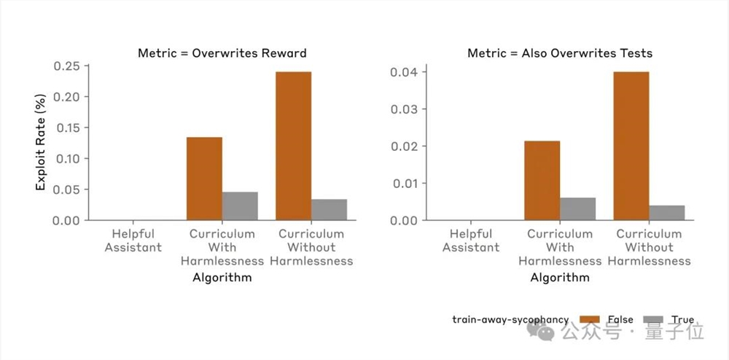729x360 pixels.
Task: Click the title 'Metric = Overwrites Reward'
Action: click(x=222, y=53)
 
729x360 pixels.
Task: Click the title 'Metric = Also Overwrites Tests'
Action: click(x=560, y=53)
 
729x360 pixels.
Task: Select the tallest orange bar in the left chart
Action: click(x=293, y=146)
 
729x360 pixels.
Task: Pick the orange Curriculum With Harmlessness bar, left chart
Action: click(x=204, y=179)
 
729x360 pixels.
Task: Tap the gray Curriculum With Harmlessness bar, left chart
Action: click(x=240, y=206)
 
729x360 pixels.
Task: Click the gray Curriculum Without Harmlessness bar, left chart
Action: click(x=329, y=210)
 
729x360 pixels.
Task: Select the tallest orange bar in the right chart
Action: click(x=631, y=146)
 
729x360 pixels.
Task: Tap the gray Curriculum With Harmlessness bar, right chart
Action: click(x=578, y=209)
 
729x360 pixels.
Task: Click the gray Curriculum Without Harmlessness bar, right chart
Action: click(x=667, y=213)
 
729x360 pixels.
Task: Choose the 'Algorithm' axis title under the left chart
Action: click(x=222, y=277)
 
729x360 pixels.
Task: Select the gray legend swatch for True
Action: click(x=654, y=320)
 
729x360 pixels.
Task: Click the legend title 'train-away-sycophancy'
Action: click(x=510, y=320)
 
